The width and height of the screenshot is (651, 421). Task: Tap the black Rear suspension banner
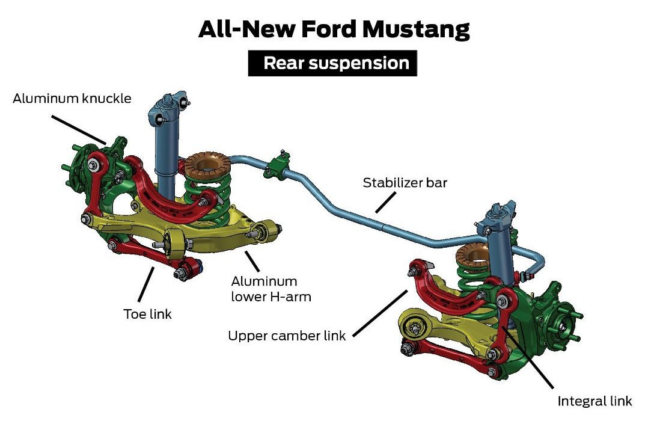point(332,63)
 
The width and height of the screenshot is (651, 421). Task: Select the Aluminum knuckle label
point(72,98)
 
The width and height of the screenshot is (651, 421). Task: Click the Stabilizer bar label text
point(405,183)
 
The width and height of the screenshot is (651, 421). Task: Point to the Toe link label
point(148,313)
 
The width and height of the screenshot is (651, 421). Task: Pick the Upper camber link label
point(287,336)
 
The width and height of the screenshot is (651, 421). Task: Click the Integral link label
point(594,401)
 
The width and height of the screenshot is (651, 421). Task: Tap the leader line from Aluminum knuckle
point(78,127)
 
